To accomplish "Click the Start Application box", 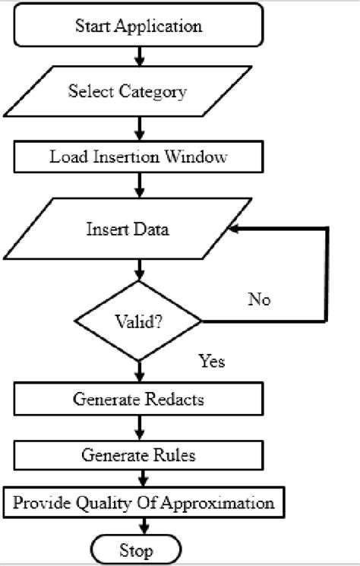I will click(139, 27).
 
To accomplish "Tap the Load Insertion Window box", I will click(139, 157).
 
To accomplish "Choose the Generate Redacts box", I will click(139, 399).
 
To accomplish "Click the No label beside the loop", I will click(259, 299).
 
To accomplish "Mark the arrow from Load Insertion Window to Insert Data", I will click(139, 184).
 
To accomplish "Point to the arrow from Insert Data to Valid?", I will click(139, 269).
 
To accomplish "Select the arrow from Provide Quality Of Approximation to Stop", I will click(139, 526).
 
